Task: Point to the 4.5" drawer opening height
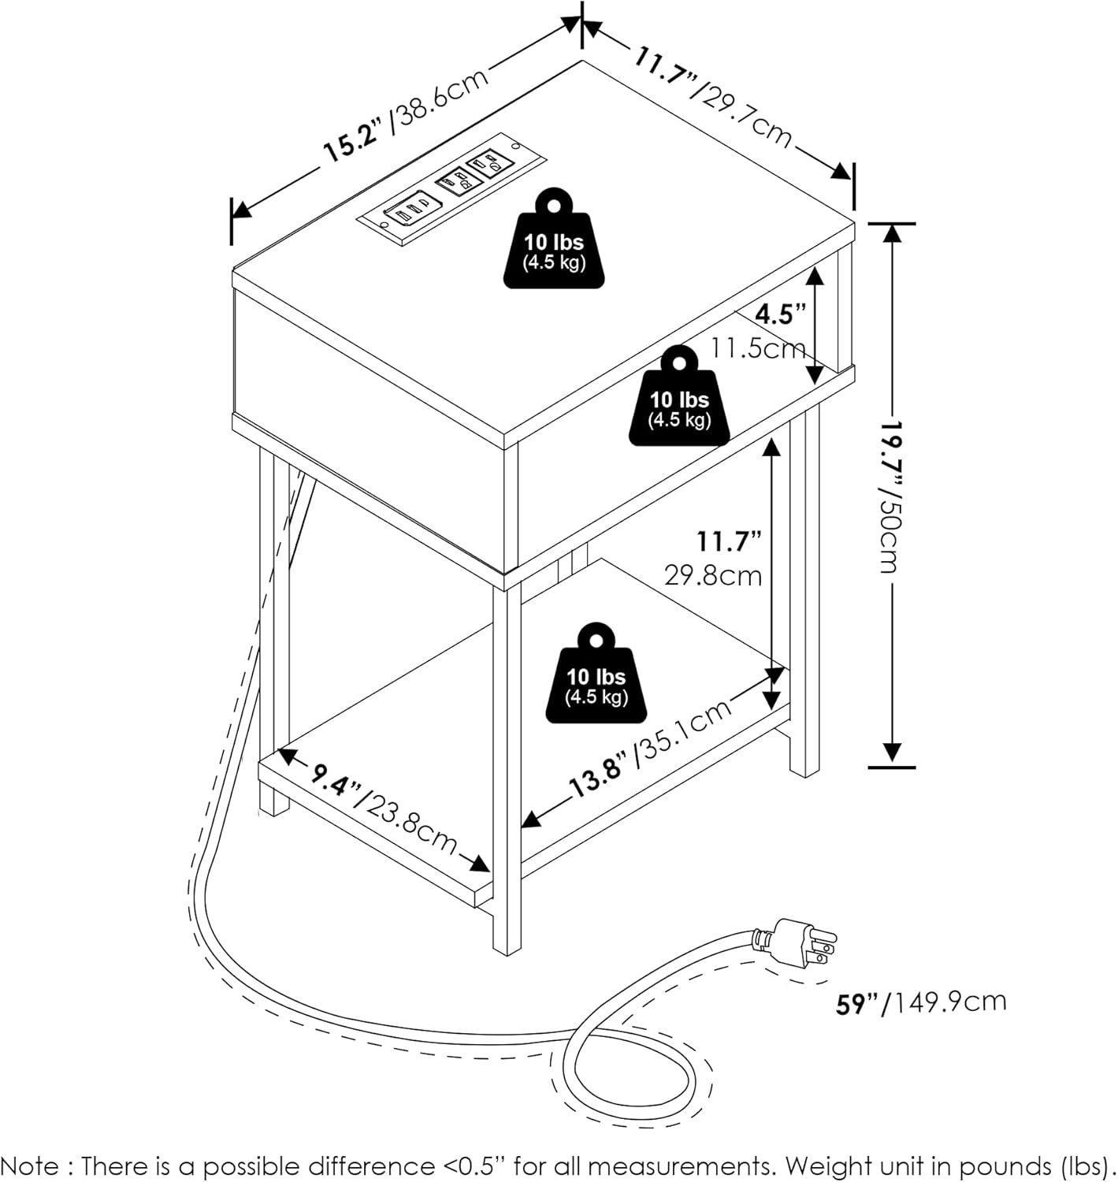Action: pyautogui.click(x=781, y=314)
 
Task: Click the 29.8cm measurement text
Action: pyautogui.click(x=713, y=575)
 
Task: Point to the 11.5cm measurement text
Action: pyautogui.click(x=758, y=348)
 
